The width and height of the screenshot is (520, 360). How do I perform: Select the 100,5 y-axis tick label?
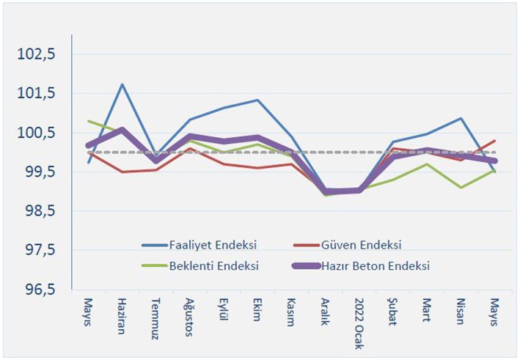[x=40, y=133]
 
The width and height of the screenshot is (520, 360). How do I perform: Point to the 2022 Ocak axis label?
[x=359, y=323]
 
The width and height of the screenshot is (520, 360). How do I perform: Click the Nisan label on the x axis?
[x=460, y=313]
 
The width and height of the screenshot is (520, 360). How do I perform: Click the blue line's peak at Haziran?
[x=122, y=84]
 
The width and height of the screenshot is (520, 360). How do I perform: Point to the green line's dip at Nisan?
[x=460, y=188]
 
